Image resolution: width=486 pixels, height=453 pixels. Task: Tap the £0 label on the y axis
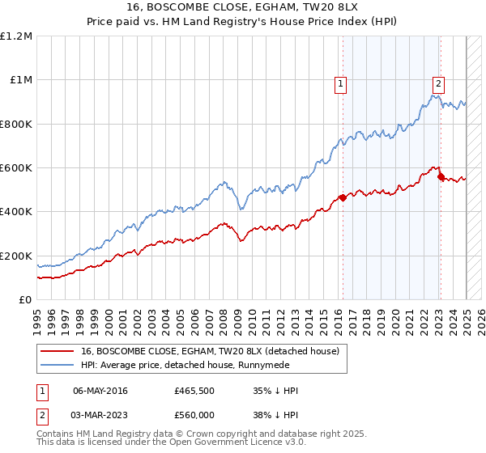coord(26,300)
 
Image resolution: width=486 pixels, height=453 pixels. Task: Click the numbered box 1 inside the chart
coord(341,83)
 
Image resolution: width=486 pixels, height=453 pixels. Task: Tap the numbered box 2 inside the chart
coord(438,83)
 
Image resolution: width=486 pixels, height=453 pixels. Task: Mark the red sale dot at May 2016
coord(343,197)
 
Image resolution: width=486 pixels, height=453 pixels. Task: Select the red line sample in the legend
coord(56,351)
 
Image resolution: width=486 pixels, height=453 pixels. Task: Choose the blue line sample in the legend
coord(56,365)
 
